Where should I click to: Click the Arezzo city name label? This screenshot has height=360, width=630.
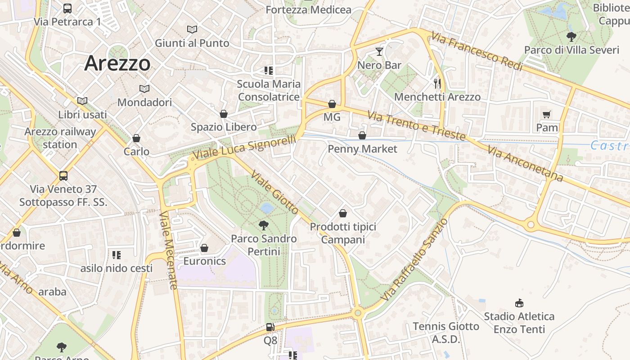117,63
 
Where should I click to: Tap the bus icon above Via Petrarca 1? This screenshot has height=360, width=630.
67,8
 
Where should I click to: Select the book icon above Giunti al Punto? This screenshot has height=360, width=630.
192,30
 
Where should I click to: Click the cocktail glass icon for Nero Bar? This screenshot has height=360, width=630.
379,51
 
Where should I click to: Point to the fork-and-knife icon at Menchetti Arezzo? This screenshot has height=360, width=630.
437,83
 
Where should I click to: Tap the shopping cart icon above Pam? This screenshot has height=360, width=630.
547,114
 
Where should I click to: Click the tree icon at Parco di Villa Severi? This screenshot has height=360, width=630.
571,36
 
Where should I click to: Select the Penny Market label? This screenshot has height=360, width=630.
362,149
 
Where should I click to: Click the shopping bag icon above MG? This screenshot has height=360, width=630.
332,104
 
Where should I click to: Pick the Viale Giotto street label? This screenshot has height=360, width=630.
274,192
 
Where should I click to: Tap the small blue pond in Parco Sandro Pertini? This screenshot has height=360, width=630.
266,208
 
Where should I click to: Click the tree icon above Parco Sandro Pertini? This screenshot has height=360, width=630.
264,225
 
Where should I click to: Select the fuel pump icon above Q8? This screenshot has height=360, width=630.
270,327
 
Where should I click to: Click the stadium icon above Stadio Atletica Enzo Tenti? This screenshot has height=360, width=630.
519,303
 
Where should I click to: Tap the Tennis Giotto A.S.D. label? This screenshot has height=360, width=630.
445,333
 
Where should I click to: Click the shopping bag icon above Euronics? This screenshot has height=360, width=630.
204,248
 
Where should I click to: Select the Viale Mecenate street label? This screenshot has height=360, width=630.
169,250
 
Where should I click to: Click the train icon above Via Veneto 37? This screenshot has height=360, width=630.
63,175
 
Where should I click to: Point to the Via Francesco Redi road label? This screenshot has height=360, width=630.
477,51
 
